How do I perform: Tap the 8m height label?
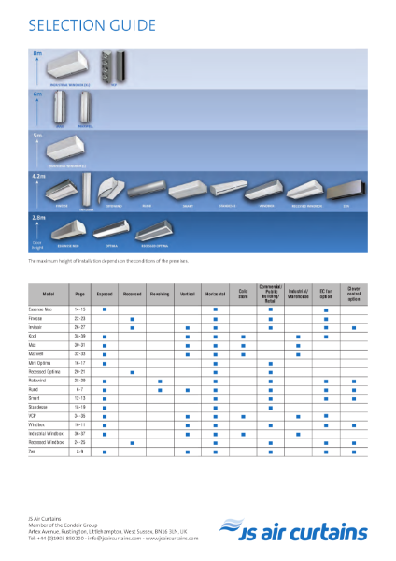point(37,54)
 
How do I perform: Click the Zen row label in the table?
point(34,452)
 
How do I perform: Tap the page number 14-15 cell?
point(79,308)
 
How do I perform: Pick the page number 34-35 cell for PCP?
point(79,416)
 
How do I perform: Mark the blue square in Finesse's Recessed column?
point(133,319)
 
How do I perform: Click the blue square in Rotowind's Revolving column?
point(160,381)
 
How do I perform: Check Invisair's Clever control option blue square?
point(354,328)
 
